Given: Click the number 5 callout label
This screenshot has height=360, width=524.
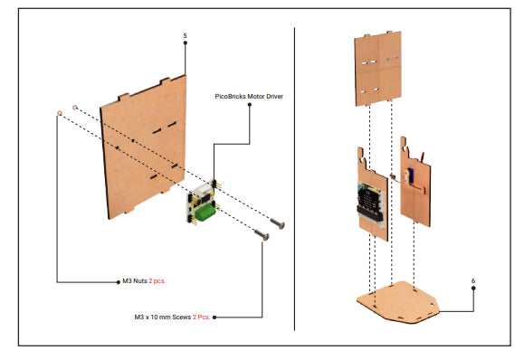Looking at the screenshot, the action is click(185, 36).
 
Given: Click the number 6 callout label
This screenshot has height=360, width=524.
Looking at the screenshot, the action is click(473, 280).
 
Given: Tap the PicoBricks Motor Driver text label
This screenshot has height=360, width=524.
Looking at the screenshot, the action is click(249, 96).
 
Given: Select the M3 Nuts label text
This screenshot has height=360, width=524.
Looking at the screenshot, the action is click(135, 280).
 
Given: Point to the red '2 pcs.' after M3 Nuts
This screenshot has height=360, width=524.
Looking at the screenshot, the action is click(157, 280).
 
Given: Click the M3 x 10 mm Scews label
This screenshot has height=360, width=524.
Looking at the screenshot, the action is click(162, 317).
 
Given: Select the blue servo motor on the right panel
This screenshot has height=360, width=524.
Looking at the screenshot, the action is click(411, 175).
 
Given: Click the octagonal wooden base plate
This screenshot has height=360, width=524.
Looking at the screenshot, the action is click(398, 302).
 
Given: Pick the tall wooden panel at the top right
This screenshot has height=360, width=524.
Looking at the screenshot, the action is click(378, 69).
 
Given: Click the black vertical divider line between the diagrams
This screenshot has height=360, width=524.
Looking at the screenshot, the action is click(294, 179).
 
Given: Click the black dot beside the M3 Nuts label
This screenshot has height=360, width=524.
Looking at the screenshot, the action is click(118, 282).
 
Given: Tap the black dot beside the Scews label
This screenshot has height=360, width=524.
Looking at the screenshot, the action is click(214, 317).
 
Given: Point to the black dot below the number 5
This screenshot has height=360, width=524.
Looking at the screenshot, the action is click(186, 43).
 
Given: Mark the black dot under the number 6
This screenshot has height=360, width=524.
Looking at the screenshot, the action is click(473, 289).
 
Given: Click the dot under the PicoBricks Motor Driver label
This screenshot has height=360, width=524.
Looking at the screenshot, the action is click(249, 105).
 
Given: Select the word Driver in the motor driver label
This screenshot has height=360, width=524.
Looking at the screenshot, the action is click(275, 96).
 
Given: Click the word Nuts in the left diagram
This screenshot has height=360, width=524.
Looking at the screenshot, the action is click(140, 280).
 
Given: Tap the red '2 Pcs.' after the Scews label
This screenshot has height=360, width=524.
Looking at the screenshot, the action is click(201, 317).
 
